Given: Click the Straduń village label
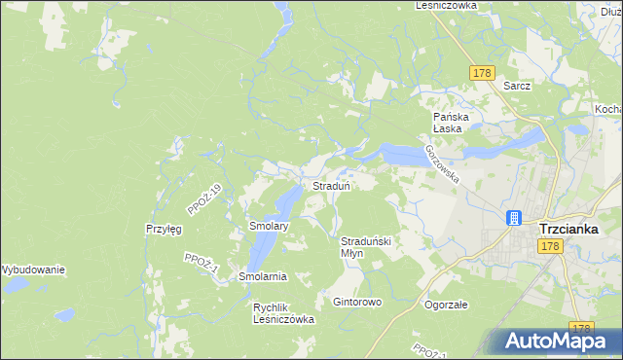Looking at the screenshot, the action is [x=331, y=185].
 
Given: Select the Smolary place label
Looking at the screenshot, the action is [x=268, y=226].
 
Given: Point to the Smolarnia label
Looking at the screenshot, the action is [x=263, y=277].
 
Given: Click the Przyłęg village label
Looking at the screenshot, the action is [x=164, y=229].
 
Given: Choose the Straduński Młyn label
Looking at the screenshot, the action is [x=365, y=246].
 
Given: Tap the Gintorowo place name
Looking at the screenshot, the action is [x=357, y=303].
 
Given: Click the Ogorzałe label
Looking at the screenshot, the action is [x=447, y=305].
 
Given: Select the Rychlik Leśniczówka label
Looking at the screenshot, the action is [x=284, y=312].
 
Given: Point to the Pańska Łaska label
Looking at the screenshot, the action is [x=453, y=122].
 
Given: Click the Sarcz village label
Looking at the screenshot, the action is [x=517, y=86].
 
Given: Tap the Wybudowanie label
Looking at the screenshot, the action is [x=32, y=270].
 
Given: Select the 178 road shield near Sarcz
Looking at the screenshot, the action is [x=482, y=73].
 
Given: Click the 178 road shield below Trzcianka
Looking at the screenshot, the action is [x=550, y=248].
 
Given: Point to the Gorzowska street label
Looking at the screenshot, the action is [x=441, y=163].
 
